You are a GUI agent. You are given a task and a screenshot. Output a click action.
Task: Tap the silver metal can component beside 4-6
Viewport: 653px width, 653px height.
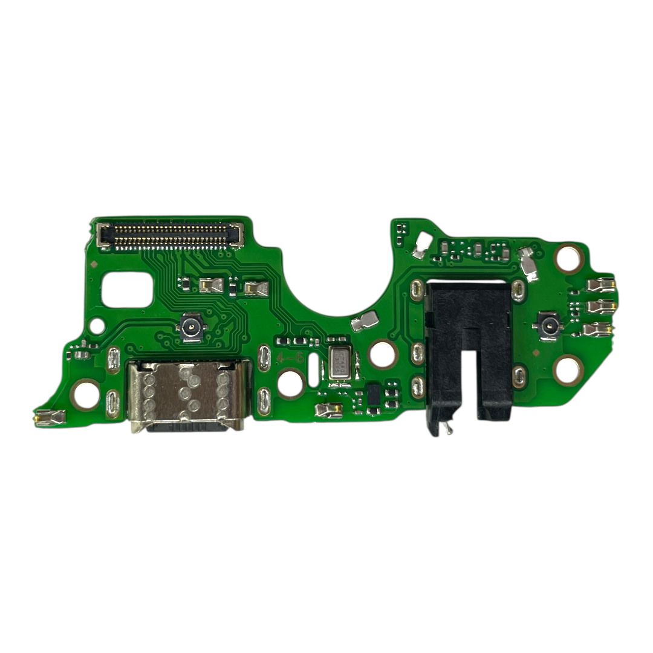point(337,365)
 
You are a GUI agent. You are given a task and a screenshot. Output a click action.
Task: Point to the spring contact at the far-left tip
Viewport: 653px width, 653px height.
point(50,417)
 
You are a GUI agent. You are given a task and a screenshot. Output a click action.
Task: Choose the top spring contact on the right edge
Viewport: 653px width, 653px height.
point(600,284)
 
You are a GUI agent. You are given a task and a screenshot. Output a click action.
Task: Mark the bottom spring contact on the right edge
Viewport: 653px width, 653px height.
point(598,330)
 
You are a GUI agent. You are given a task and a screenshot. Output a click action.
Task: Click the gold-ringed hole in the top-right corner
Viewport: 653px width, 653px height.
point(568,259)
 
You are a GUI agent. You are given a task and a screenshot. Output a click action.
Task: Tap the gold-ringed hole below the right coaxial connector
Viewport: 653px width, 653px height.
point(568,370)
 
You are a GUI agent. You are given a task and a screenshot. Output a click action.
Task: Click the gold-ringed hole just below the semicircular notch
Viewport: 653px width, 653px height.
point(383,354)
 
